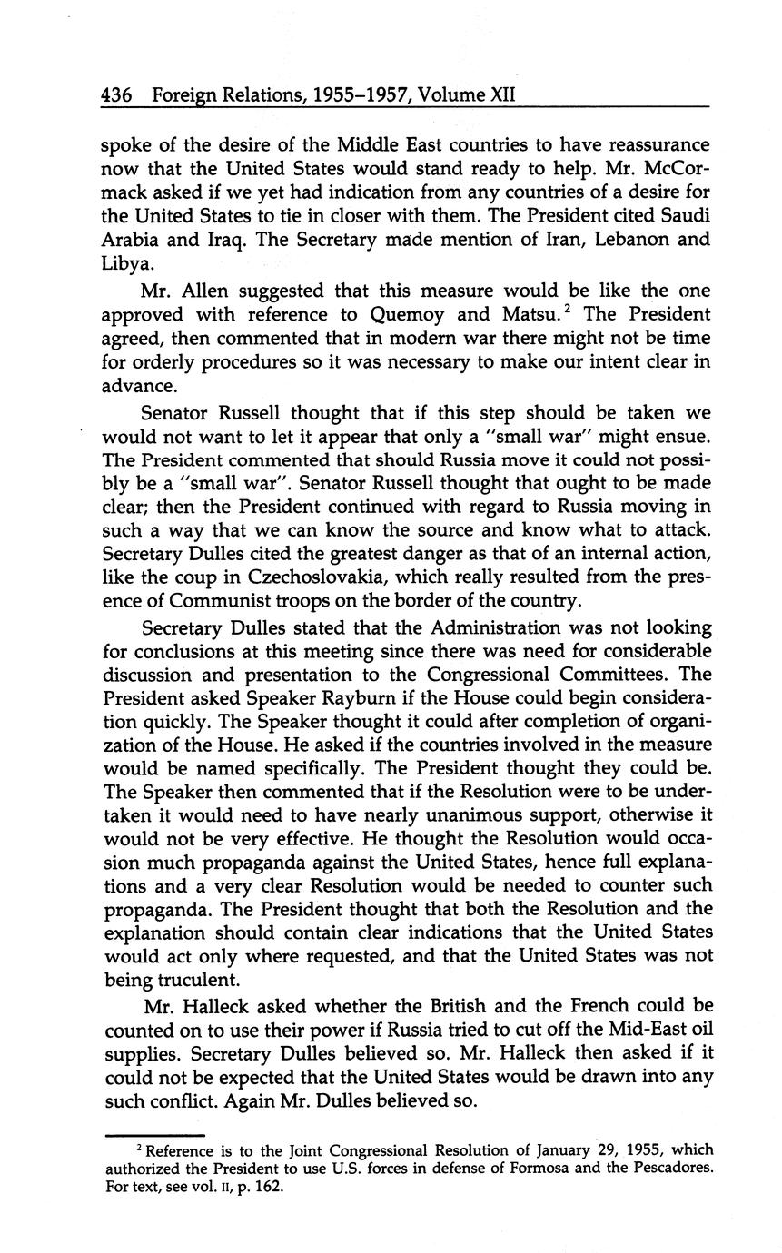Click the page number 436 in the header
click(117, 94)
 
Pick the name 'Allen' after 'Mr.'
click(204, 291)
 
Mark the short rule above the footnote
click(154, 1136)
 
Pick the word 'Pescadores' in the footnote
click(668, 1169)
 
